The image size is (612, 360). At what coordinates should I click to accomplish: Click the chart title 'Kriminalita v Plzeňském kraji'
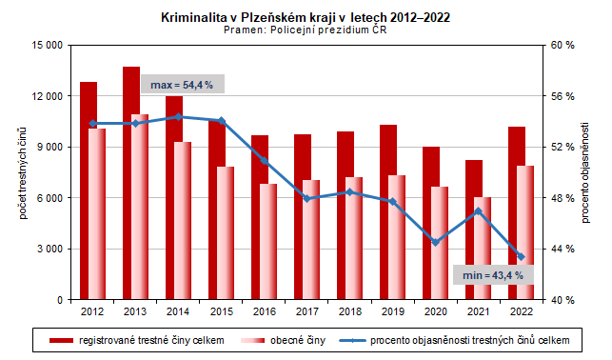click(x=305, y=17)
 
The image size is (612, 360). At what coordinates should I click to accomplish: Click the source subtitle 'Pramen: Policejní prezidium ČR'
click(x=305, y=30)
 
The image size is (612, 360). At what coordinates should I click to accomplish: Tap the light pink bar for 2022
click(x=524, y=232)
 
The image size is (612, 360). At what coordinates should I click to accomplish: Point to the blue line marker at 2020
click(x=435, y=242)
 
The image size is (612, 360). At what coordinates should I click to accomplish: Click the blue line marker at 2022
click(x=521, y=256)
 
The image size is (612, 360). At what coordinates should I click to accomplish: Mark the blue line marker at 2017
click(x=306, y=198)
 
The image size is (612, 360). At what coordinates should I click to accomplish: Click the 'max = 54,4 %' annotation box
click(x=182, y=85)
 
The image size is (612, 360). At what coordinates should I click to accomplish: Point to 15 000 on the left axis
click(x=45, y=46)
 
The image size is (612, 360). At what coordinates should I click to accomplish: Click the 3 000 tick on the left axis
click(x=49, y=249)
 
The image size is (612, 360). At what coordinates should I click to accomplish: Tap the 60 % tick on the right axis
click(x=564, y=46)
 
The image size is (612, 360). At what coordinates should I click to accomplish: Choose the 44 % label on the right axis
click(x=564, y=249)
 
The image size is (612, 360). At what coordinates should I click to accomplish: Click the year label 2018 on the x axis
click(x=349, y=311)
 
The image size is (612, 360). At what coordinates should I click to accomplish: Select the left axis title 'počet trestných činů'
click(x=21, y=172)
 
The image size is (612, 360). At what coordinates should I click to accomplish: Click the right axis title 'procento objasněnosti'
click(x=586, y=172)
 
